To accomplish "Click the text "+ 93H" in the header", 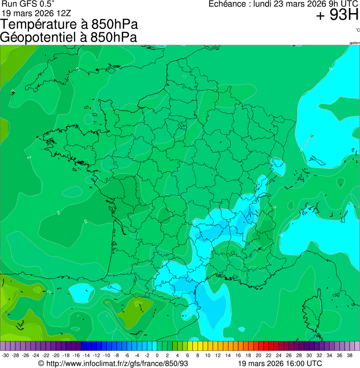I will click(337, 15).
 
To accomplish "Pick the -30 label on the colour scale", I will click(5, 355).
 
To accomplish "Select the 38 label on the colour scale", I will click(349, 355).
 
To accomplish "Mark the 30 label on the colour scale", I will click(309, 355).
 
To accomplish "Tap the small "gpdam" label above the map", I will click(354, 43).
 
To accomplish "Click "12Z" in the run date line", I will click(62, 13).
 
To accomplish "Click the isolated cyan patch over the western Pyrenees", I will click(78, 293).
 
